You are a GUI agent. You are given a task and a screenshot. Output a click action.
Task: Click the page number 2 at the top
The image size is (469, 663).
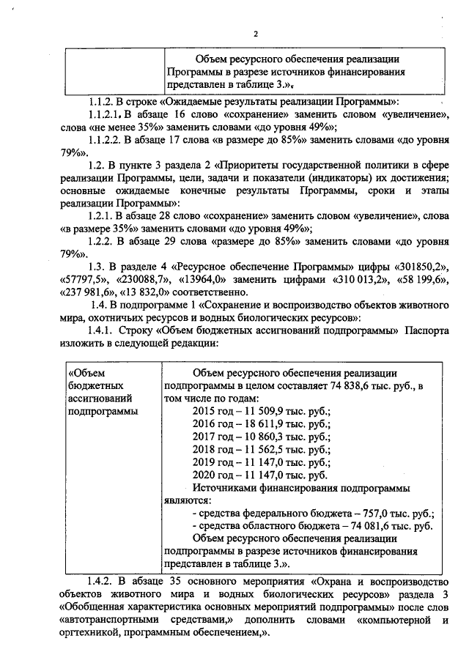256,34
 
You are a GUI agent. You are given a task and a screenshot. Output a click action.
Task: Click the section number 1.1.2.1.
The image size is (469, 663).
105,115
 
